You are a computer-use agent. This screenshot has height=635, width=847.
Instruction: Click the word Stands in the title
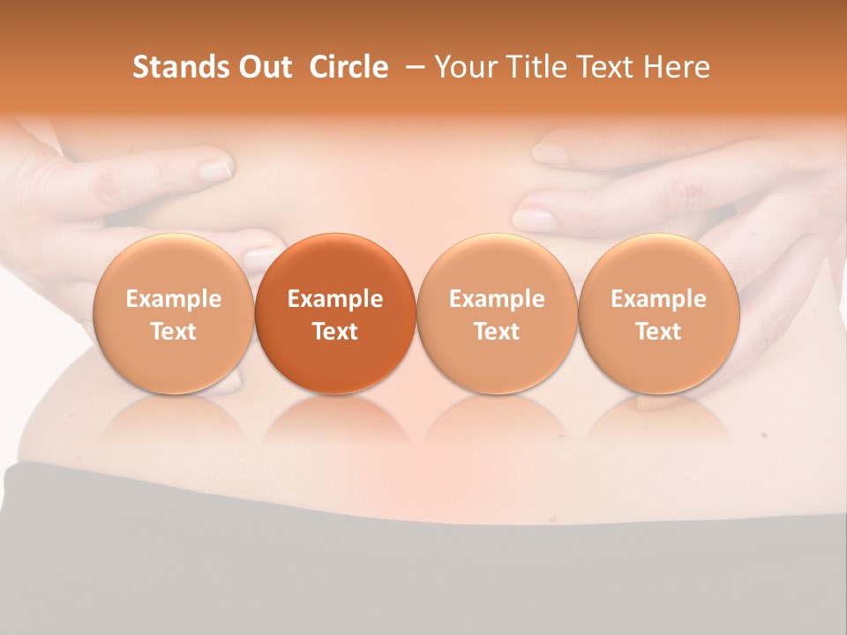click(x=176, y=67)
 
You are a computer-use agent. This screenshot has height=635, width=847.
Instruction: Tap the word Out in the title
click(x=263, y=67)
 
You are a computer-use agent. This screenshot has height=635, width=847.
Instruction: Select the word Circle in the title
click(x=349, y=67)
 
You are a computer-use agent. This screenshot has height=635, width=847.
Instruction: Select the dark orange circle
click(x=335, y=313)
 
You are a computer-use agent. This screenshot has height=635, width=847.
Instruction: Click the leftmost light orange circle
click(x=173, y=313)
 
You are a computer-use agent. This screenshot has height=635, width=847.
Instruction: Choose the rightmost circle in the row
click(x=658, y=313)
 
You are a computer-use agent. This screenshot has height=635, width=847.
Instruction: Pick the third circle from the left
click(x=497, y=313)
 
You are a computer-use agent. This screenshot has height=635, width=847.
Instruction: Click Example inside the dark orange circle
click(x=335, y=299)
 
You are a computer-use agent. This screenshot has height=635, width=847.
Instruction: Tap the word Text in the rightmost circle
click(x=658, y=332)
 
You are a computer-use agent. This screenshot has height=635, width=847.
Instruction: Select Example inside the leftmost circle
click(x=173, y=299)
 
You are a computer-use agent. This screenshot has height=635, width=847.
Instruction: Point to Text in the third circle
click(x=497, y=332)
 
